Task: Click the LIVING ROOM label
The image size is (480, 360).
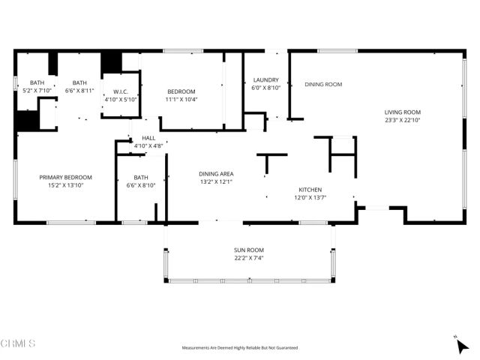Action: tap(403, 112)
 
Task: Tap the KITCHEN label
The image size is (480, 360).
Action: tap(310, 190)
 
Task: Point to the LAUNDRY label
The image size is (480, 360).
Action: tap(266, 80)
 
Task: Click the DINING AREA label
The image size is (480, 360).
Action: tap(217, 173)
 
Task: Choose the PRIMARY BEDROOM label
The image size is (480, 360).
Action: tap(66, 177)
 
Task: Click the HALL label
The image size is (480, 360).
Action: tap(148, 139)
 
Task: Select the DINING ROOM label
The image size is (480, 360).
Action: tap(323, 85)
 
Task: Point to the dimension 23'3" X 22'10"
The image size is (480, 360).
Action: tap(403, 120)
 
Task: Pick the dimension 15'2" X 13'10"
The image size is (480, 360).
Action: tap(66, 185)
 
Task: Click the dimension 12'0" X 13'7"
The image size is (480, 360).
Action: tap(310, 198)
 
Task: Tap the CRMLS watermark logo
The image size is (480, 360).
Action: tap(18, 343)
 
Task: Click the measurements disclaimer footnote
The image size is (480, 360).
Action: tap(240, 348)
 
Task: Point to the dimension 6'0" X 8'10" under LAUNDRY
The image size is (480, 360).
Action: tap(266, 88)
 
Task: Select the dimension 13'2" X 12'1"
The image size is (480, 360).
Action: tap(217, 181)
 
